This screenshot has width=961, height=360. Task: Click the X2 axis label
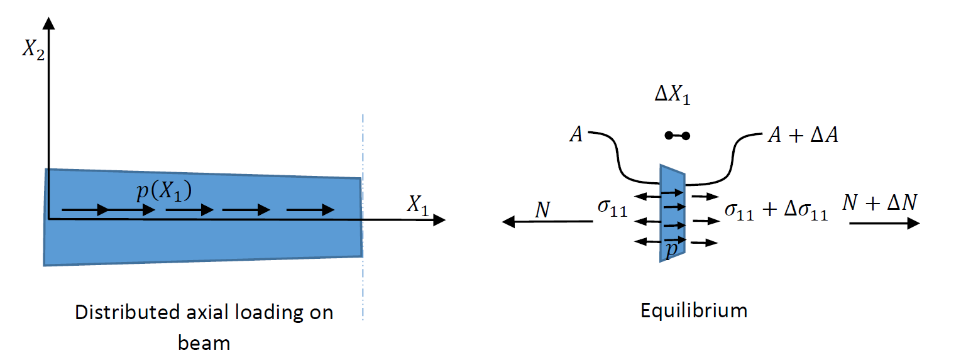[33, 51]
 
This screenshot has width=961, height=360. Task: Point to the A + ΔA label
[803, 135]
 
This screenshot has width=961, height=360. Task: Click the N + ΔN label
[879, 202]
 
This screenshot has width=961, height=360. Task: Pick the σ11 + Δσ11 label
[776, 211]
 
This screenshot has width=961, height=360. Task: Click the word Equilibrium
[694, 310]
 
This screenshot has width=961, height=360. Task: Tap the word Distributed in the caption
[128, 312]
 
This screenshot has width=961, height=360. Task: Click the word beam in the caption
[204, 343]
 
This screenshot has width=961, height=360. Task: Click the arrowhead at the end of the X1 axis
[440, 220]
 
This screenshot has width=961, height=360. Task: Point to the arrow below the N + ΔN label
[884, 224]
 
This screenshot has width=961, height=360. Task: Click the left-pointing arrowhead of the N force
[508, 221]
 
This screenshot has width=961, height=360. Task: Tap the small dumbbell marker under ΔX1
[678, 136]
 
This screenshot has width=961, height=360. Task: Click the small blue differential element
[673, 213]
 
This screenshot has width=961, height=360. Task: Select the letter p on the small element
[671, 249]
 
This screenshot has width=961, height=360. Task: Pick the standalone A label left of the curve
[576, 134]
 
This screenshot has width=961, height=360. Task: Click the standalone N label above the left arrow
[542, 210]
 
